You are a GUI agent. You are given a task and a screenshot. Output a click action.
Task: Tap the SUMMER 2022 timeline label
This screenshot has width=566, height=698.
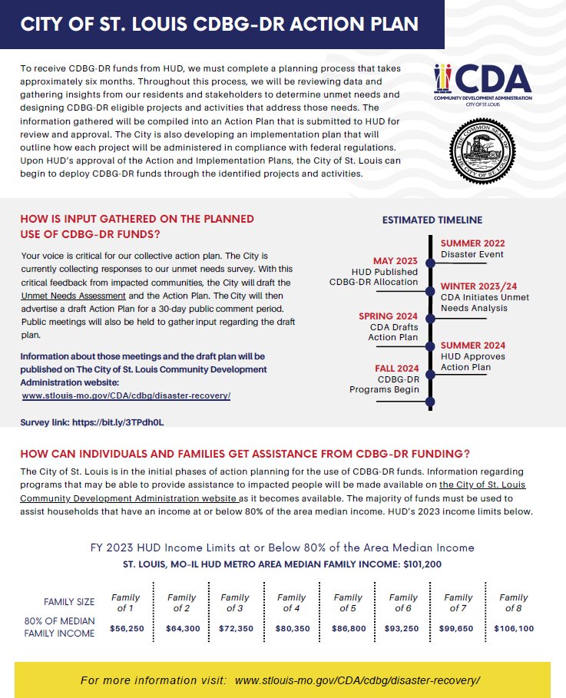click(472, 243)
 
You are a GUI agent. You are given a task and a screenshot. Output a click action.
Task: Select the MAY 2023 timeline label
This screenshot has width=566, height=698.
click(395, 260)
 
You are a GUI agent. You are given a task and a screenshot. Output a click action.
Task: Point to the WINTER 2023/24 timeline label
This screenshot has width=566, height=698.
click(478, 286)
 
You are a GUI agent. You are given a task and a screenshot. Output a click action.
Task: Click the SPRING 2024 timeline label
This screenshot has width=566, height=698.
click(389, 316)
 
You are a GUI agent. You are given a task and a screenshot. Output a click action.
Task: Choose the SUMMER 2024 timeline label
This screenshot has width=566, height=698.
click(472, 346)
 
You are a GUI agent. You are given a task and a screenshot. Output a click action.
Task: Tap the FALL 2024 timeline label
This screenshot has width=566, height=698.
click(392, 369)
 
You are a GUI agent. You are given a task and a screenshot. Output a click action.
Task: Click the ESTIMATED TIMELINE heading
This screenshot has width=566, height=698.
click(432, 220)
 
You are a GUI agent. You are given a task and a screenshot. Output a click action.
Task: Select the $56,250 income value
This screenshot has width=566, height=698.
click(125, 628)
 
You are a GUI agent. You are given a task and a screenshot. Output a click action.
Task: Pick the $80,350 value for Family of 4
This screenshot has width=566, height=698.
click(291, 628)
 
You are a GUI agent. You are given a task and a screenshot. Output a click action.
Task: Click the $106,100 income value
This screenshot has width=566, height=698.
click(513, 628)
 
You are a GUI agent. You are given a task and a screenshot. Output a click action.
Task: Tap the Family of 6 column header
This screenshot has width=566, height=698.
click(403, 602)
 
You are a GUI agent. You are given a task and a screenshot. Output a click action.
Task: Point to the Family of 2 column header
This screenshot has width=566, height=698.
click(181, 602)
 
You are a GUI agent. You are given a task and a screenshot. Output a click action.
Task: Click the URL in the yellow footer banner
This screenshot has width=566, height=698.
click(357, 680)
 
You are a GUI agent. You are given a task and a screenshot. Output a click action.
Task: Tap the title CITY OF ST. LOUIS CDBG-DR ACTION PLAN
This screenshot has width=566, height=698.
click(219, 24)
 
